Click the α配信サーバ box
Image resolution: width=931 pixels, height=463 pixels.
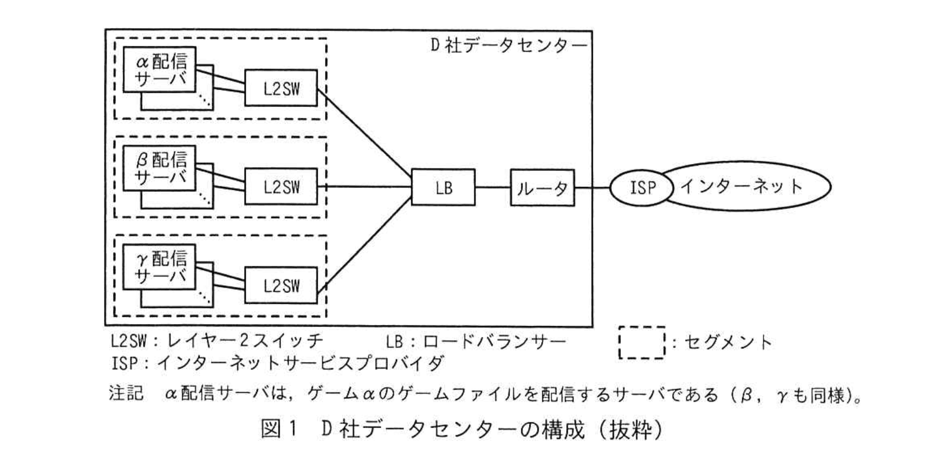[x=159, y=70]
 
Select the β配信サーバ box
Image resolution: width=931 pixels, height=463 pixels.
[x=159, y=168]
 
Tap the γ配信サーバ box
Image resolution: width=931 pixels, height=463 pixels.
[x=159, y=267]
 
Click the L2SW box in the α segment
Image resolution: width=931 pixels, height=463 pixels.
[x=281, y=88]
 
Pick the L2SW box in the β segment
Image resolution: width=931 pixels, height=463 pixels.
[x=281, y=187]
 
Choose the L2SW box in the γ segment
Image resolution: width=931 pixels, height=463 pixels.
[x=281, y=285]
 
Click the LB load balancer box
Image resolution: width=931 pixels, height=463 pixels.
[x=443, y=187]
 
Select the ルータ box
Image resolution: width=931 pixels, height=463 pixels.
[x=542, y=188]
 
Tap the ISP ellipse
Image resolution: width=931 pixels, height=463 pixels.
[x=642, y=187]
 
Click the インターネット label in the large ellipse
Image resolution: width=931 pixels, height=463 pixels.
[x=742, y=186]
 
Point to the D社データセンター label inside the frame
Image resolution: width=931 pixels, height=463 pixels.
[x=508, y=45]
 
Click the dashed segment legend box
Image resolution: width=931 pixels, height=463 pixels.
[x=642, y=342]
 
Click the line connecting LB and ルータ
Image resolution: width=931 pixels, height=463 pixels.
[x=492, y=187]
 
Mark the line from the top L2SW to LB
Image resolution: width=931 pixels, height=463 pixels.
[x=364, y=133]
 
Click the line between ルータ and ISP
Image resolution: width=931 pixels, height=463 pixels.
[x=592, y=188]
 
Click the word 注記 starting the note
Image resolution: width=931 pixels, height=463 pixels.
[x=126, y=393]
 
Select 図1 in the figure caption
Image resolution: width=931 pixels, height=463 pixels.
[x=279, y=429]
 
